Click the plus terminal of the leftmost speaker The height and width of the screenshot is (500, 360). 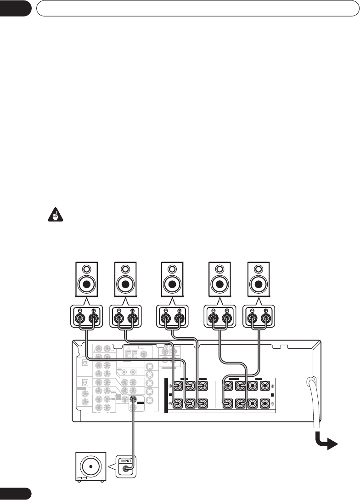[94, 316]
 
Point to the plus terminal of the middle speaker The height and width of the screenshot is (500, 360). [179, 316]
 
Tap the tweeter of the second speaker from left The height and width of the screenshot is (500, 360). [125, 269]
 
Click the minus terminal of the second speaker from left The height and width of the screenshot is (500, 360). [118, 316]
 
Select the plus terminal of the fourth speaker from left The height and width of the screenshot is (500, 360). [227, 316]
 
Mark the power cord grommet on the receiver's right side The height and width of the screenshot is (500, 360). [311, 381]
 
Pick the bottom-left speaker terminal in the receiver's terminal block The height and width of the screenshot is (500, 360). [176, 404]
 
